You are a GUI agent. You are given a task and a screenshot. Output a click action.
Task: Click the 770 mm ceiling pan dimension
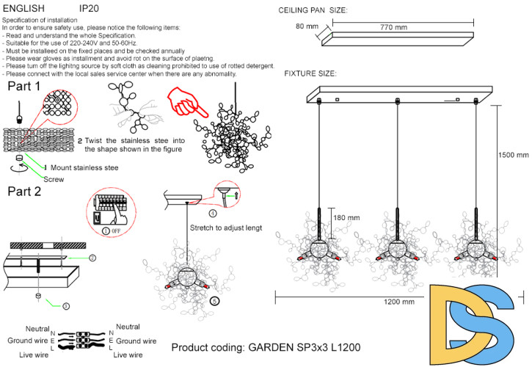(x=393, y=28)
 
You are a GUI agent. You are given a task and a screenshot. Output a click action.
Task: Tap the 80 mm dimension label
(x=307, y=26)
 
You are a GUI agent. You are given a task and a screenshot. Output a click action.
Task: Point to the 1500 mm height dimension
(x=513, y=156)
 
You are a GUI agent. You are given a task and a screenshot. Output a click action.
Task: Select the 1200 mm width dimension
(x=399, y=302)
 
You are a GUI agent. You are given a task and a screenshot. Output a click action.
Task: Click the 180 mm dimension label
(x=346, y=218)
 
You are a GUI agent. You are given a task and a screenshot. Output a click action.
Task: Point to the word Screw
(x=54, y=178)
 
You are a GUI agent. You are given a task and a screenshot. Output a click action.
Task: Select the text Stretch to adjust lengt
(x=225, y=228)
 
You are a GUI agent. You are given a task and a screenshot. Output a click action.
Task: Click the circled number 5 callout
(x=214, y=300)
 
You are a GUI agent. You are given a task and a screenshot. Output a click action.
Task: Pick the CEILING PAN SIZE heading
(x=313, y=10)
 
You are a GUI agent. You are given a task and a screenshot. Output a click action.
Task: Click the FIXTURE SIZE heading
(x=310, y=74)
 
